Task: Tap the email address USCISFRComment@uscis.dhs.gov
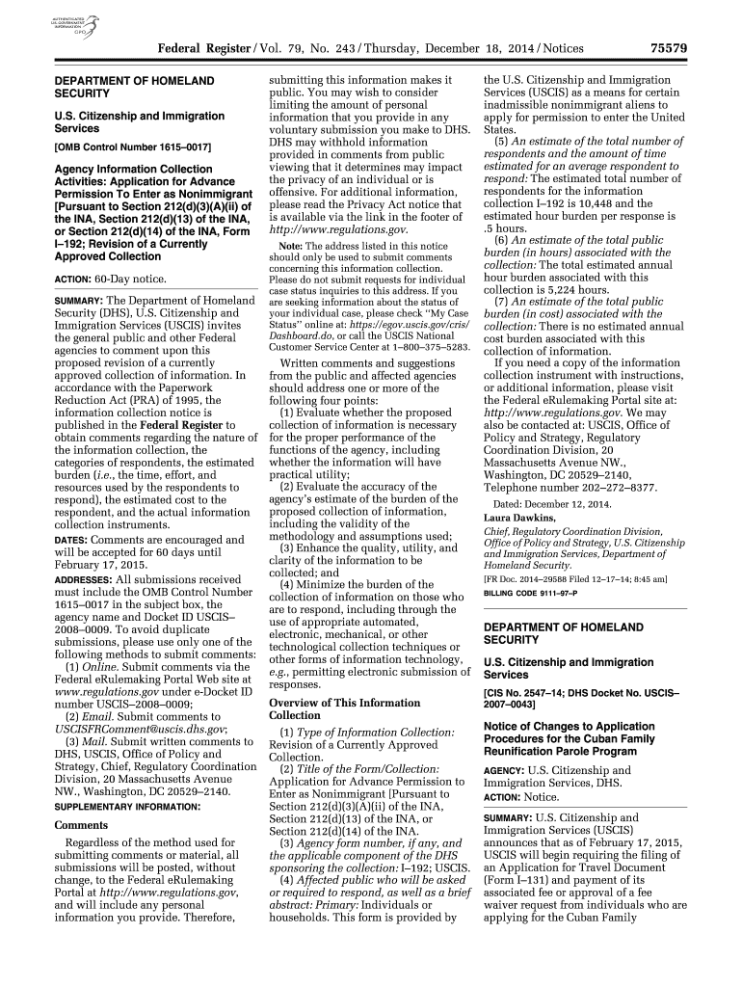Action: (141, 730)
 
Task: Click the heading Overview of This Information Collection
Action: (344, 708)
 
